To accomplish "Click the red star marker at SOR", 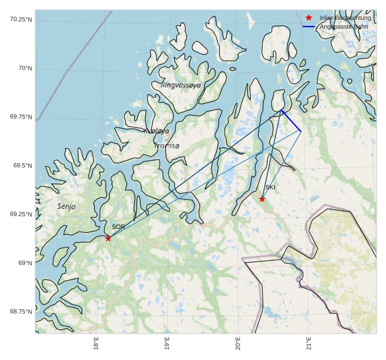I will click(108, 238).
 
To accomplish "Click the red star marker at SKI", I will click(262, 199).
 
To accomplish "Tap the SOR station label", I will click(118, 227).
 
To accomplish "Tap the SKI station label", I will click(270, 187).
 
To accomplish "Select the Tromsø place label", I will click(167, 146).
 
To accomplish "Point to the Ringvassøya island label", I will click(181, 85).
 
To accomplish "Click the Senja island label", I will click(66, 206).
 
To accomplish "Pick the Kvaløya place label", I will click(156, 131).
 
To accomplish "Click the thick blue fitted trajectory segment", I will click(291, 121).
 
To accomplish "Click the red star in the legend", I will click(308, 18).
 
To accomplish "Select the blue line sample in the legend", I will click(308, 26).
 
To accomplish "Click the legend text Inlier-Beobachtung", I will click(345, 18).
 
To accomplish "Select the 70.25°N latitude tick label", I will click(20, 19).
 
